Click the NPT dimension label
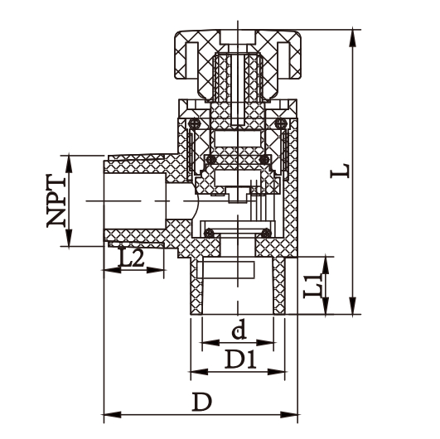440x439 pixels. [56, 200]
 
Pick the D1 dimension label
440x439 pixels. [240, 359]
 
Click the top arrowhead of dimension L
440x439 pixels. [354, 34]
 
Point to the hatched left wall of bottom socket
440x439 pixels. [196, 286]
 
